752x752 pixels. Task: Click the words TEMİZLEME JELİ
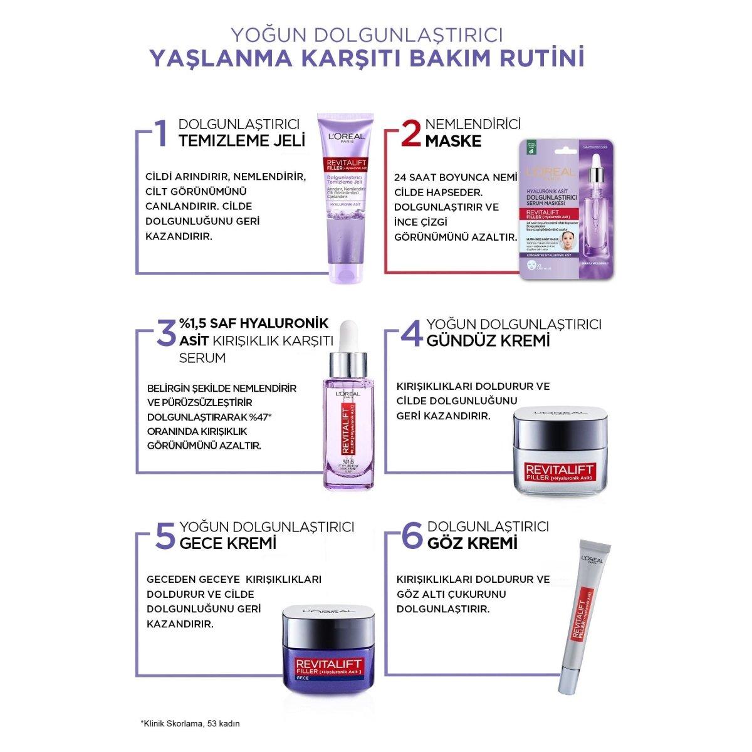tap(242, 140)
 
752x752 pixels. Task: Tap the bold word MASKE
tap(453, 140)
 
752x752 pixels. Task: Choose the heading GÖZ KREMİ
tap(471, 543)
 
